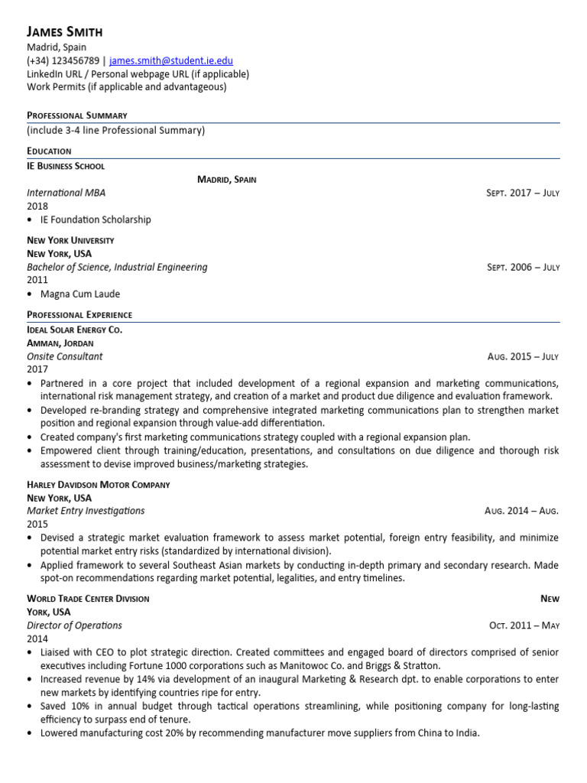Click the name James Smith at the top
pos(64,31)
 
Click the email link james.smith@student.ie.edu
pos(171,60)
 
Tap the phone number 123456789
pos(76,60)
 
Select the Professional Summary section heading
pos(77,115)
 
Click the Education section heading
pos(49,151)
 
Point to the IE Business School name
pos(66,166)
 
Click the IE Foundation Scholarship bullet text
pos(96,219)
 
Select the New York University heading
pos(70,240)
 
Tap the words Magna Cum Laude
pos(80,294)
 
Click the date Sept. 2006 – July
pos(523,268)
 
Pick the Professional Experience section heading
pos(79,315)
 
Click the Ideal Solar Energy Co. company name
pos(74,330)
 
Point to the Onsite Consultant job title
pos(65,356)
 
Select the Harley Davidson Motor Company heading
pos(99,485)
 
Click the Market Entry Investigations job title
pos(86,511)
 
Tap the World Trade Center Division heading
pos(88,599)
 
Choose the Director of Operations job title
pos(74,625)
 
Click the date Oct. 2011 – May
pos(524,625)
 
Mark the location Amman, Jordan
pos(60,343)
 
